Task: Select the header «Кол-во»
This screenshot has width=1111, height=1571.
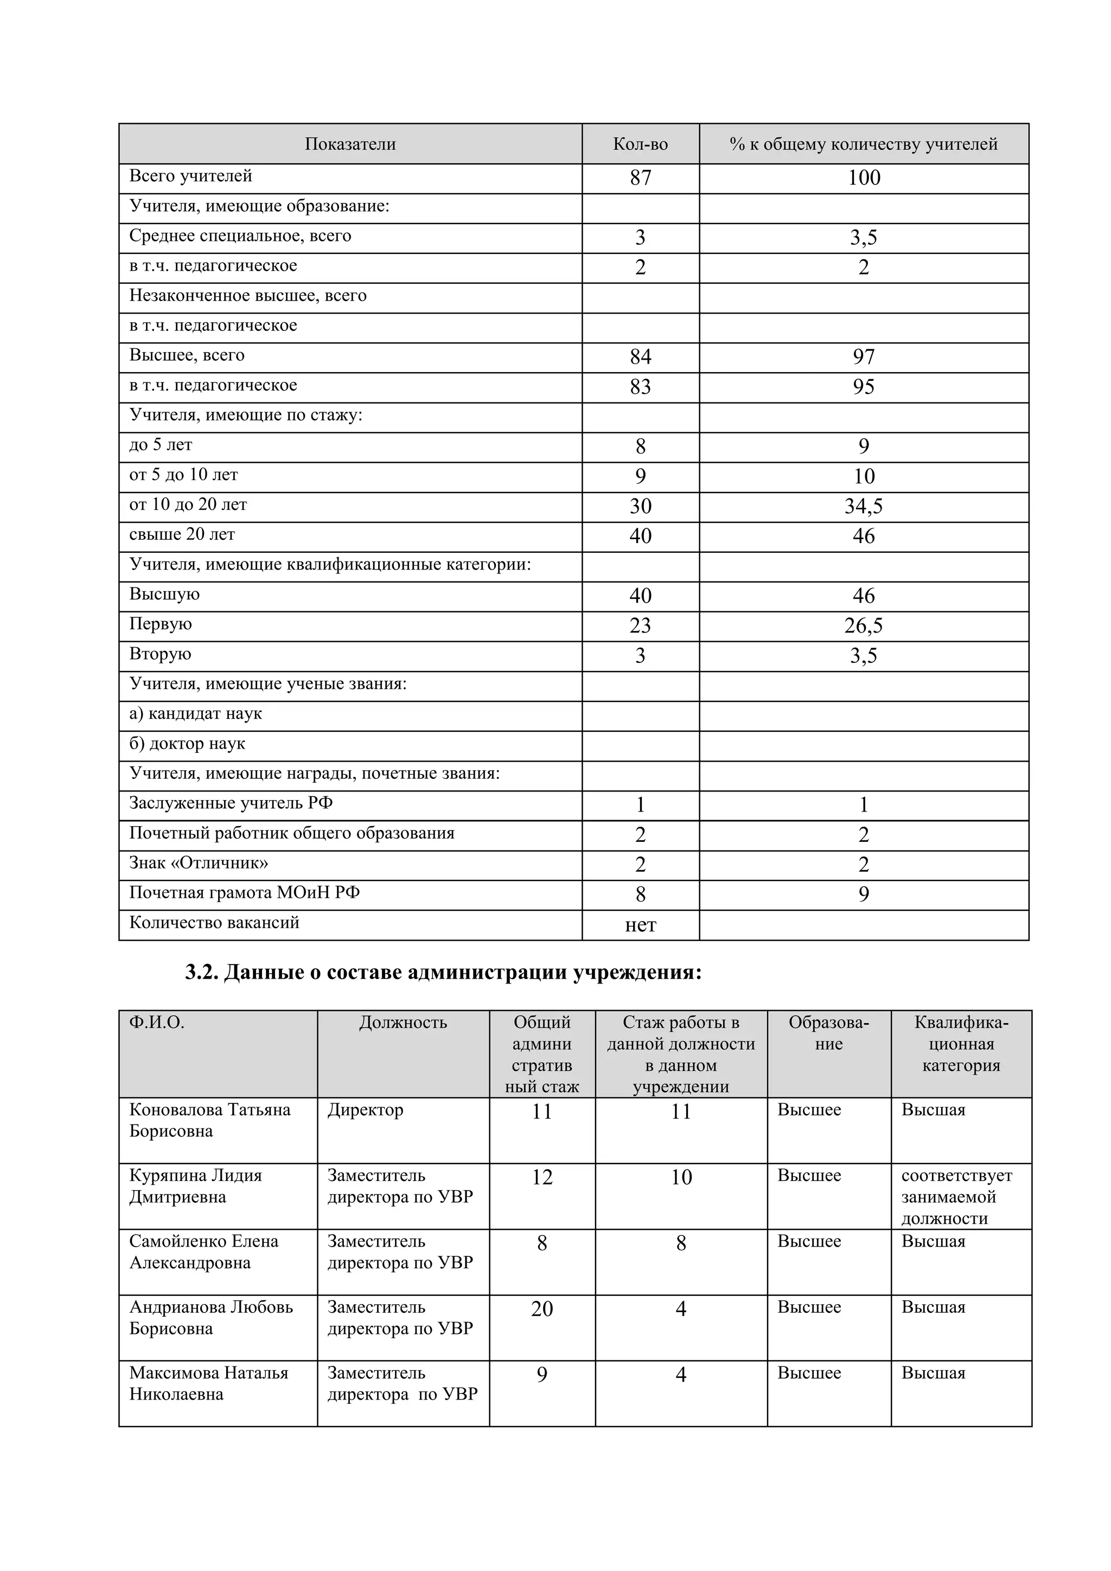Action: click(x=640, y=144)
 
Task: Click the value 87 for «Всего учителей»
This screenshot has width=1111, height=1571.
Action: click(x=640, y=178)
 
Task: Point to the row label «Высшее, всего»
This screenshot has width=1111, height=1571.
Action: click(x=187, y=355)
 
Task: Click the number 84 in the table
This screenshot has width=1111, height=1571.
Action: click(x=640, y=357)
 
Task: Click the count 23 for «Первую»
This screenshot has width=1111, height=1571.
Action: click(x=640, y=626)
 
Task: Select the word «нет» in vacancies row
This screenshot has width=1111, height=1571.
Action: click(x=640, y=925)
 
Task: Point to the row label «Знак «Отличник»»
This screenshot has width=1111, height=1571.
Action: click(x=199, y=863)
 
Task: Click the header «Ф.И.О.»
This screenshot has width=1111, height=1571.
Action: click(x=157, y=1023)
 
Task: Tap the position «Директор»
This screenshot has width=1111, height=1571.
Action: click(x=365, y=1110)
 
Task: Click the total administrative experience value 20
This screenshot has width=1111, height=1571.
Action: click(x=542, y=1309)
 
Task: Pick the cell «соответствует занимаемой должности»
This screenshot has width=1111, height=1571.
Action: click(x=956, y=1197)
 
